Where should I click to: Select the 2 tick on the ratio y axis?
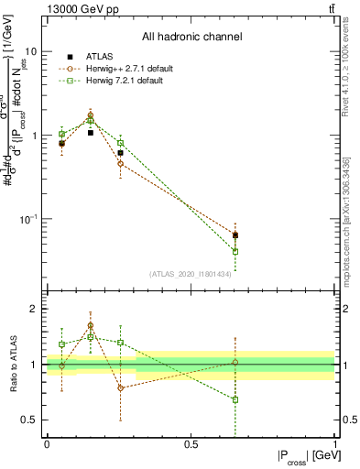[33, 309]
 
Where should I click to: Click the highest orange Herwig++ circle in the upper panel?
[91, 115]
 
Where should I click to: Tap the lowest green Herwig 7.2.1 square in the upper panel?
[235, 251]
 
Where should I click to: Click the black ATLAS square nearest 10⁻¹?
[235, 235]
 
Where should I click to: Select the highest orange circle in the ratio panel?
[91, 325]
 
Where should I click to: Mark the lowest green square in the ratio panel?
[235, 399]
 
